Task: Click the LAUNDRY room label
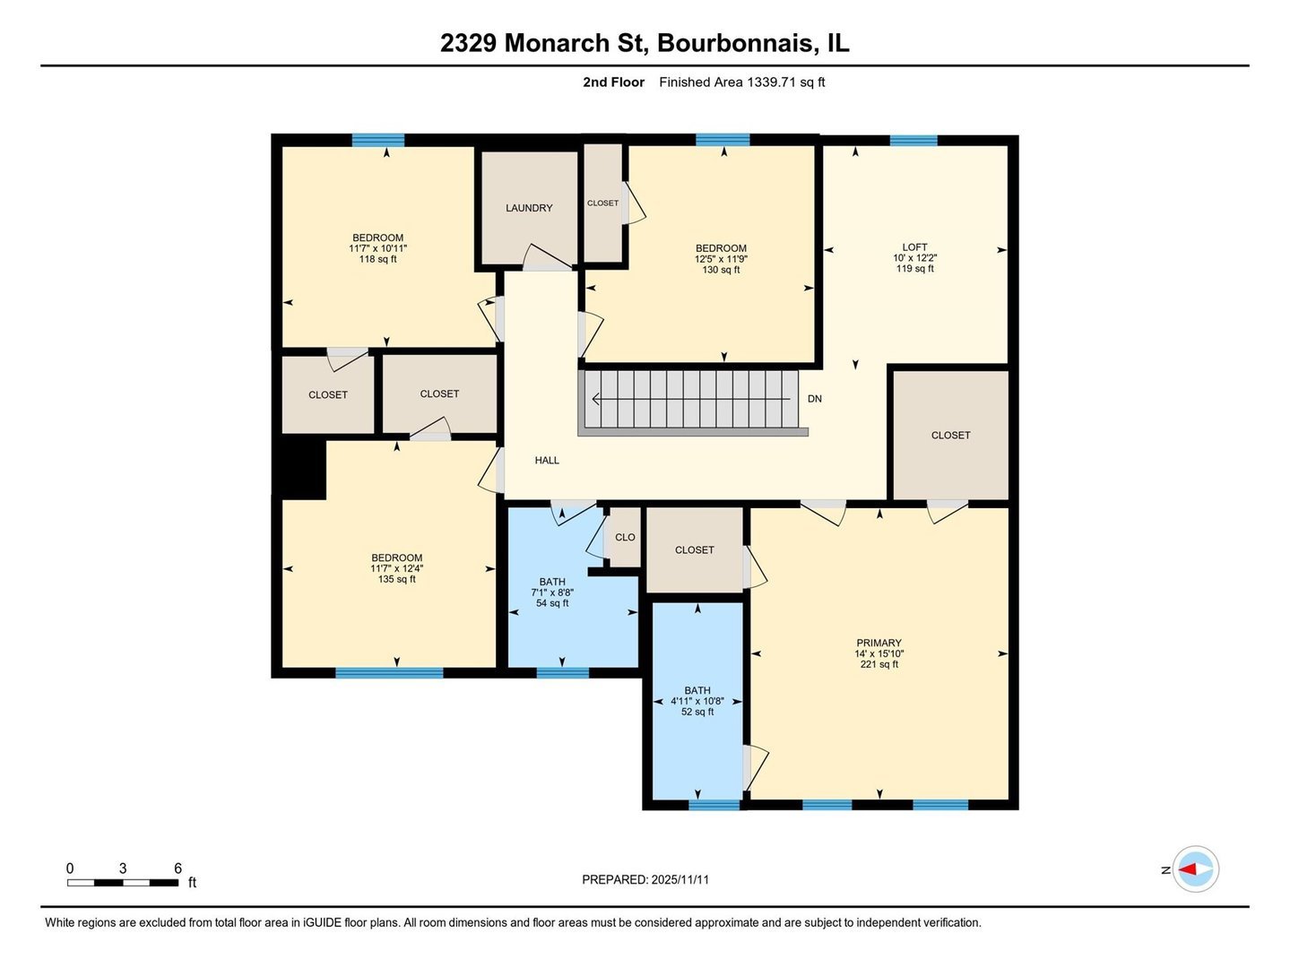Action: point(529,208)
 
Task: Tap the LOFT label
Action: point(914,247)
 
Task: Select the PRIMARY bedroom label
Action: point(879,643)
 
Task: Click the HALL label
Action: point(547,461)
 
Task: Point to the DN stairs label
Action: point(814,399)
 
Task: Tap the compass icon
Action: point(1195,869)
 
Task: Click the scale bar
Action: point(123,882)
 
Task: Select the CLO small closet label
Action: point(625,538)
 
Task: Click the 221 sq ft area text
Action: point(879,665)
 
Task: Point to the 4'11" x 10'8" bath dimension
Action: point(697,702)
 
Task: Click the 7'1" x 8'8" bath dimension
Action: point(552,592)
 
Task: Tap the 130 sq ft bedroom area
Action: point(721,270)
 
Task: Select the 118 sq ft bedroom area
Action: point(377,259)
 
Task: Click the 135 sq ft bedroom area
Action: point(396,579)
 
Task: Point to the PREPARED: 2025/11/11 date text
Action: point(645,880)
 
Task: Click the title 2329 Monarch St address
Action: point(645,43)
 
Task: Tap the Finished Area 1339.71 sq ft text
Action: point(741,82)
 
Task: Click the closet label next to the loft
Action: point(950,436)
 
